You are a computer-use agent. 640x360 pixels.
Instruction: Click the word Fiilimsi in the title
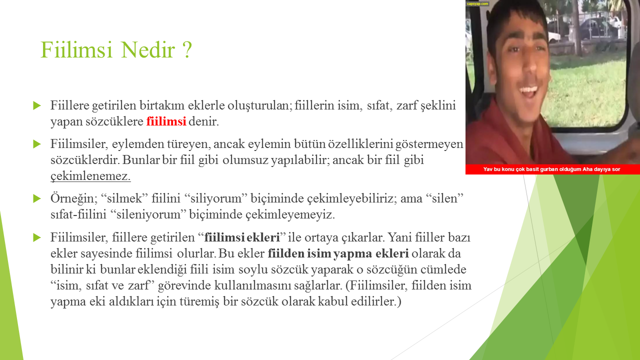click(76, 49)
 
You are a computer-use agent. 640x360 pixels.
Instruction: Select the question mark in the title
click(187, 49)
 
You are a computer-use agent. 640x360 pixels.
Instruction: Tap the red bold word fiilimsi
click(166, 121)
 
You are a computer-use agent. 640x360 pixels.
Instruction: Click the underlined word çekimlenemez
click(90, 175)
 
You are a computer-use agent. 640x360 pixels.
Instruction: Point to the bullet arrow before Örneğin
click(37, 198)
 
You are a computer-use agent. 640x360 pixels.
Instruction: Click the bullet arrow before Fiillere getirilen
click(37, 105)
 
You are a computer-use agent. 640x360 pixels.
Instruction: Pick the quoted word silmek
click(124, 198)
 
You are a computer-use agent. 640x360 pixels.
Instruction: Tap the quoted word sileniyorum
click(148, 214)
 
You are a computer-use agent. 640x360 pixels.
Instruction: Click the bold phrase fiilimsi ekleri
click(242, 237)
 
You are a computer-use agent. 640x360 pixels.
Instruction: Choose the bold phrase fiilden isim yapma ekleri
click(338, 253)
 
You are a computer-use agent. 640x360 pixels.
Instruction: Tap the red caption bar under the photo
click(552, 169)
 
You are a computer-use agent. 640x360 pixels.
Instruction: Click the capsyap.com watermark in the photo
click(477, 3)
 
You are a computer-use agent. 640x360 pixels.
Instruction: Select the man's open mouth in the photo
click(528, 91)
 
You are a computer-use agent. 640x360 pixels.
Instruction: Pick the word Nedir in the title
click(147, 49)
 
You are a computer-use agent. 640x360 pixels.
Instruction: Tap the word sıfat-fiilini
click(78, 214)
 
